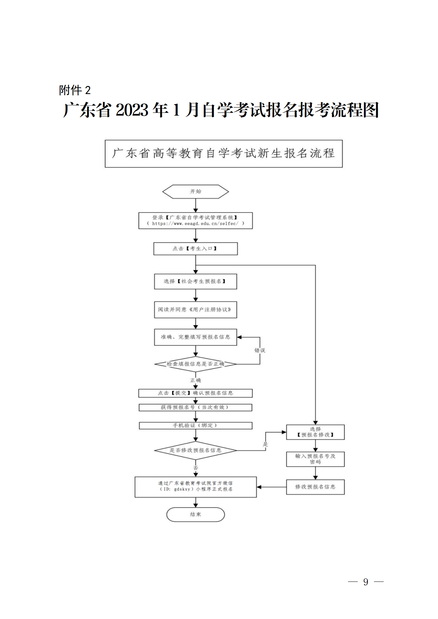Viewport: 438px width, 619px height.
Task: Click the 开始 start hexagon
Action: pyautogui.click(x=195, y=191)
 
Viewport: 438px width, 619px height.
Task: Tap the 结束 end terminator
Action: pyautogui.click(x=195, y=514)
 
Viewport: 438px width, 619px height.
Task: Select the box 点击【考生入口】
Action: pyautogui.click(x=195, y=248)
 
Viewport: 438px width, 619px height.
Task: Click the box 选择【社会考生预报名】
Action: pyautogui.click(x=195, y=281)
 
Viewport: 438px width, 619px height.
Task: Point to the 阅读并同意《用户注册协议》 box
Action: pyautogui.click(x=195, y=310)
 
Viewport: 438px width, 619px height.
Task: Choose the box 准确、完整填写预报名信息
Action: pyautogui.click(x=195, y=337)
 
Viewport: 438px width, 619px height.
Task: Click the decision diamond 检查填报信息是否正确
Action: pyautogui.click(x=195, y=364)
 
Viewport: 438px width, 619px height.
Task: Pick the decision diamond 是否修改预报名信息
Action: pyautogui.click(x=195, y=450)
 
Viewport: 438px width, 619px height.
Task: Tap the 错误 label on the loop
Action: pyautogui.click(x=260, y=350)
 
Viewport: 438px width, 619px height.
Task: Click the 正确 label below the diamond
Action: pyautogui.click(x=195, y=380)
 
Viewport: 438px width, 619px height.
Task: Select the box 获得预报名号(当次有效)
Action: pyautogui.click(x=195, y=407)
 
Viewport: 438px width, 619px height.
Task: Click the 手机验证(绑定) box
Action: pyautogui.click(x=195, y=425)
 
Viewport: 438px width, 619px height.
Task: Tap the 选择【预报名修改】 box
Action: pyautogui.click(x=315, y=432)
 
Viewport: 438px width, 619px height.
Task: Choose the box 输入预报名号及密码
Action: pyautogui.click(x=315, y=459)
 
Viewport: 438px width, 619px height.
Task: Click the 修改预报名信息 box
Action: pyautogui.click(x=315, y=487)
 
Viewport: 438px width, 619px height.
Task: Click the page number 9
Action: pyautogui.click(x=366, y=582)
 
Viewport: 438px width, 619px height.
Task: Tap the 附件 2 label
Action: pyautogui.click(x=75, y=90)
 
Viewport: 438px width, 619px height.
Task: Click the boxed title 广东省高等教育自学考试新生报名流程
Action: pyautogui.click(x=223, y=153)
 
